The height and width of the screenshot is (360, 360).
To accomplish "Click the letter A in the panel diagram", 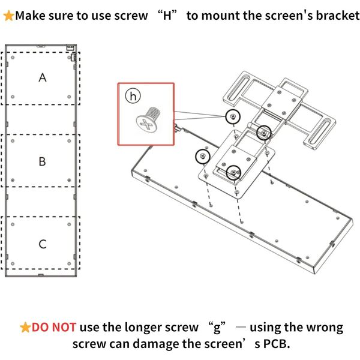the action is click(43, 77).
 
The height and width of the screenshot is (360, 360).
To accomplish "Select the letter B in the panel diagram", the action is click(42, 161).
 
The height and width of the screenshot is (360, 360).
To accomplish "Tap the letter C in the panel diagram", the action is click(43, 244).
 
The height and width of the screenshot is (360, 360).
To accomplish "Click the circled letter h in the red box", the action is click(133, 96).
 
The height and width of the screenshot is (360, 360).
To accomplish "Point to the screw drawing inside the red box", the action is click(148, 119).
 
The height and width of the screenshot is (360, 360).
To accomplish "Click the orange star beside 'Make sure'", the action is click(9, 16).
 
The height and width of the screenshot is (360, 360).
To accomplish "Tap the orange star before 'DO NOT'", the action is click(25, 328).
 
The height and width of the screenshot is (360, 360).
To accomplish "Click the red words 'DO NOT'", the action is click(54, 327).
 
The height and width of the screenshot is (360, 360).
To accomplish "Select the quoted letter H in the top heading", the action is click(167, 16).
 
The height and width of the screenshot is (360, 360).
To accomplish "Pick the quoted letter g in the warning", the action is click(217, 328).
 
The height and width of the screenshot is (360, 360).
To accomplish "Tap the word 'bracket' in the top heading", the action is click(337, 16).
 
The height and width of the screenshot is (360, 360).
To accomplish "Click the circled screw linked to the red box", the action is click(233, 116).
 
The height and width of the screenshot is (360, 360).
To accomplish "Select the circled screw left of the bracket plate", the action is click(203, 156).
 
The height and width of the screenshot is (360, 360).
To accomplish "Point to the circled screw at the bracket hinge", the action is click(264, 133).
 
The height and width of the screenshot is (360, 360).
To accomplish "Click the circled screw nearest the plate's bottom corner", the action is click(233, 172).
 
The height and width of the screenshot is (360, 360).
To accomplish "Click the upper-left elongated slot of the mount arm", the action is click(238, 87).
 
